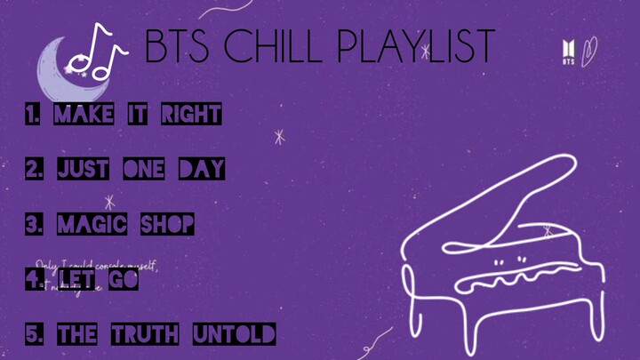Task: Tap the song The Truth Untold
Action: (x=165, y=335)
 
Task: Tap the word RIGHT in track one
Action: (x=190, y=115)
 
